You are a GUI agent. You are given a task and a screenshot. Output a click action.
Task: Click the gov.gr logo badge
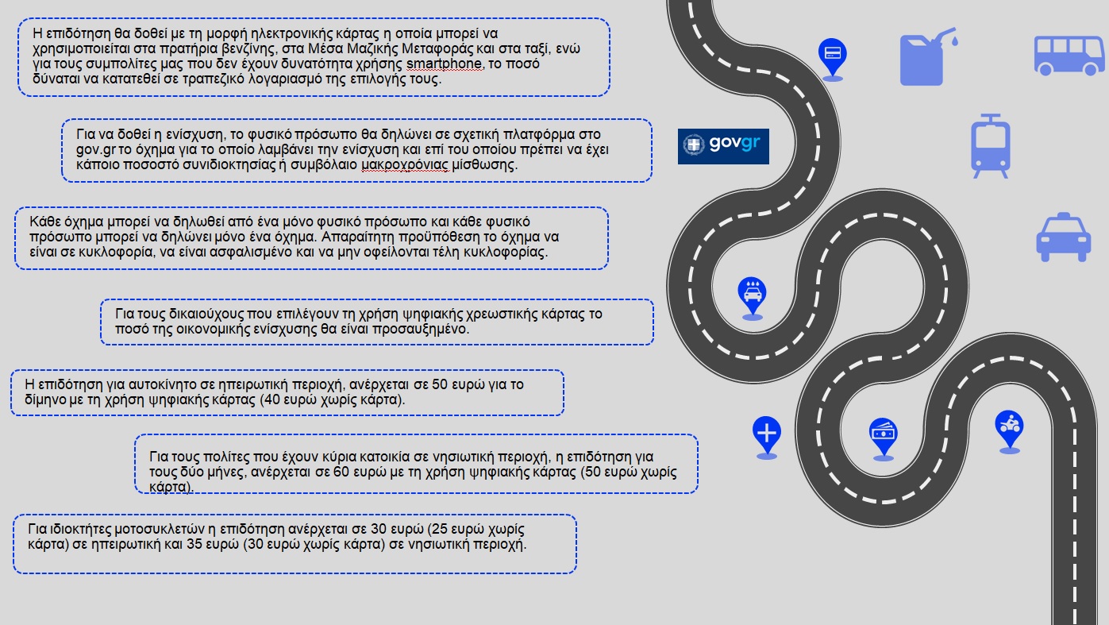point(723,146)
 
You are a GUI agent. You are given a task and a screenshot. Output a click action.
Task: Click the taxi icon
point(1064,237)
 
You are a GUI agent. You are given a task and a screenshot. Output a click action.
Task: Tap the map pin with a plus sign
point(766,434)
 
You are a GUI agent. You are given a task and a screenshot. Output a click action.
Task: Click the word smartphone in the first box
point(443,64)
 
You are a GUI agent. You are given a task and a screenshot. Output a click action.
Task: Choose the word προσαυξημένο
point(433,329)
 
